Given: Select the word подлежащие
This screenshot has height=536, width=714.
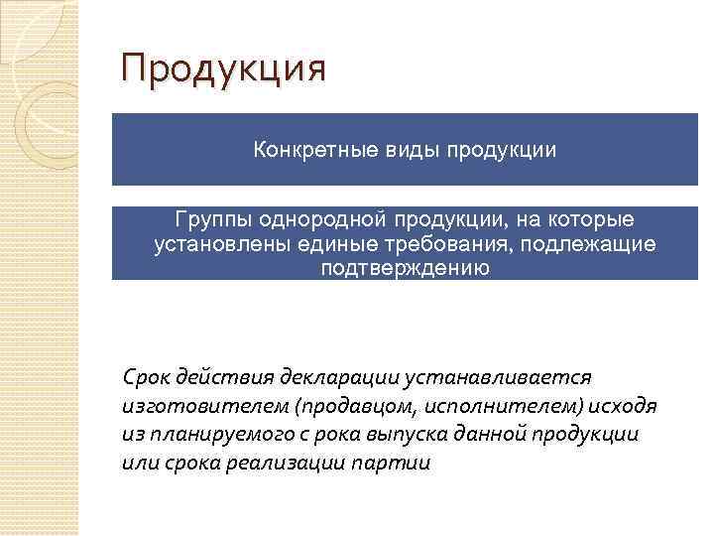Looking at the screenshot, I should pyautogui.click(x=590, y=243).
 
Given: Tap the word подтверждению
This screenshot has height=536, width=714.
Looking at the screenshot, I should pyautogui.click(x=404, y=268).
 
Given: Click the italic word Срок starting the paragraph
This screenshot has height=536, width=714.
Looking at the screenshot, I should pyautogui.click(x=146, y=378).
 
